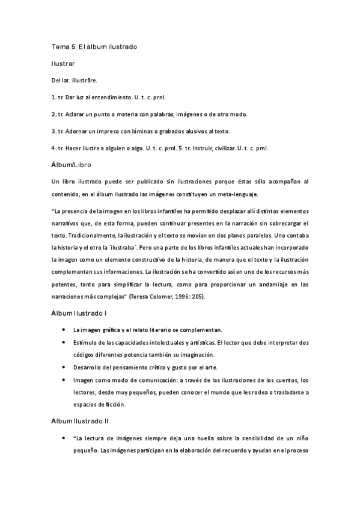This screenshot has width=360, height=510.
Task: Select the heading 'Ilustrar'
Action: pyautogui.click(x=63, y=63)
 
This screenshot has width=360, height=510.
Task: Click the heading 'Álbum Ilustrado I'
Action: pyautogui.click(x=80, y=313)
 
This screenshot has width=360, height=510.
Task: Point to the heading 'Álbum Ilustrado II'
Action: pyautogui.click(x=81, y=422)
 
